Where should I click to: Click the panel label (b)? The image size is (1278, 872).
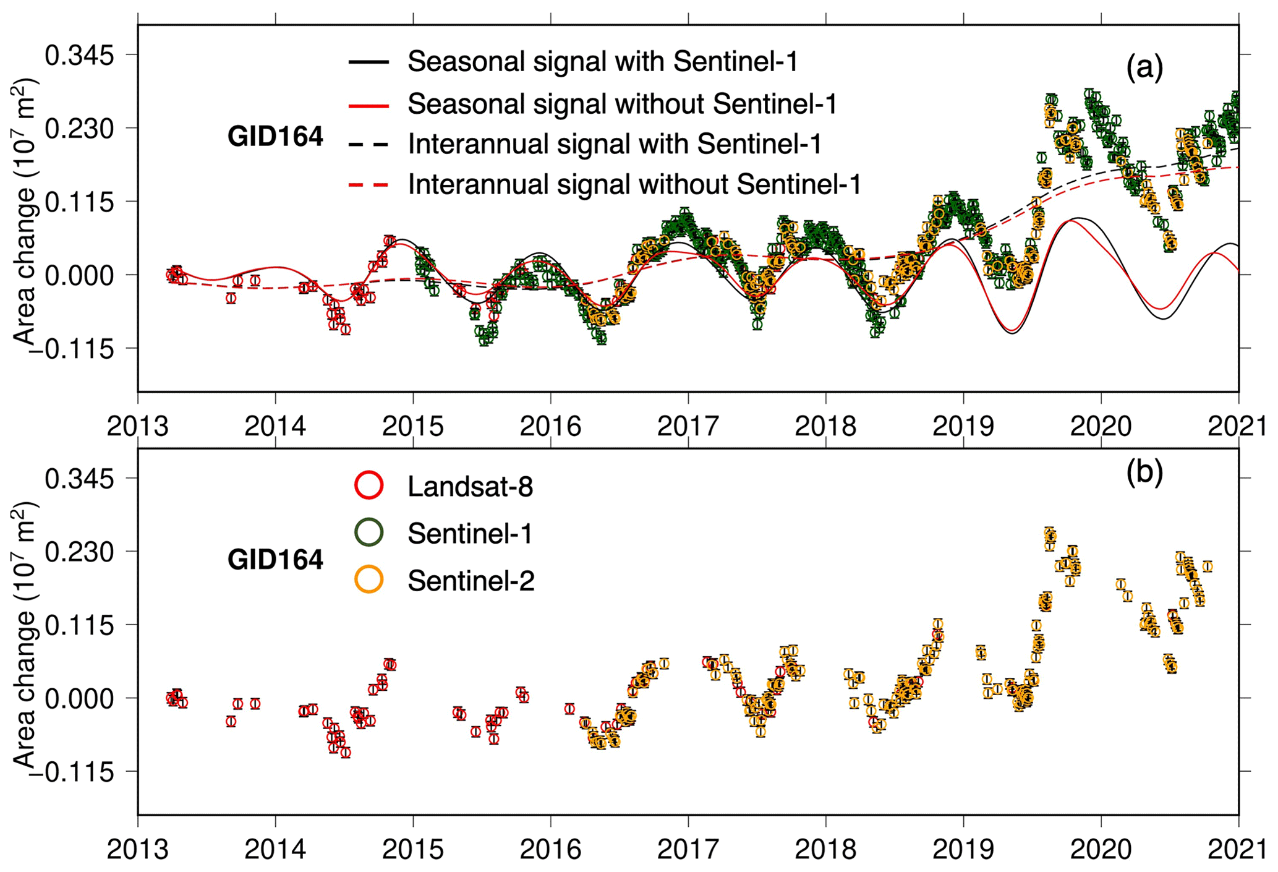(x=1144, y=472)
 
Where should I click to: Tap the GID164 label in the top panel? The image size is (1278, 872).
(x=275, y=137)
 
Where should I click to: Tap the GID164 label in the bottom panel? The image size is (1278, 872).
(x=275, y=560)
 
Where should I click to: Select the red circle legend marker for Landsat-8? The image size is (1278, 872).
(x=369, y=485)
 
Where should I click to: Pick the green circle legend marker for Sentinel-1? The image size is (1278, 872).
(x=369, y=532)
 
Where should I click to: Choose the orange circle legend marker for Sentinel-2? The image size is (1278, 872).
(x=369, y=580)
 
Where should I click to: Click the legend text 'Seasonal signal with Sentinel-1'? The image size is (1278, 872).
(x=603, y=61)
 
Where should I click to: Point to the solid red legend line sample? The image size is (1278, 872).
(x=368, y=105)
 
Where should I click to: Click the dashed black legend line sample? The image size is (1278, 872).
(x=368, y=145)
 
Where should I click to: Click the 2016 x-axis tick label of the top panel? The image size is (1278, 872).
(x=550, y=427)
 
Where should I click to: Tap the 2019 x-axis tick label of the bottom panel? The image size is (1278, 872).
(x=963, y=850)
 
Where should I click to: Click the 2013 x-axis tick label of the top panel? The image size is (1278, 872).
(x=138, y=427)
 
